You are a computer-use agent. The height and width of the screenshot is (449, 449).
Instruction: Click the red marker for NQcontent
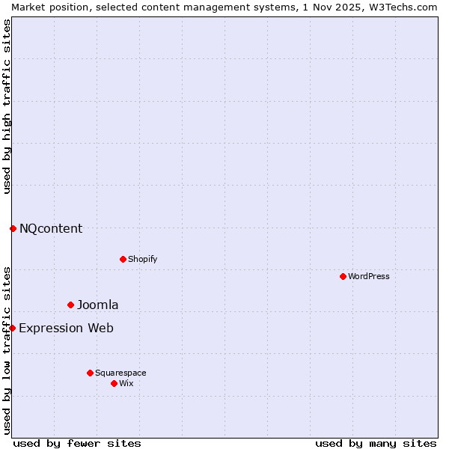click(13, 228)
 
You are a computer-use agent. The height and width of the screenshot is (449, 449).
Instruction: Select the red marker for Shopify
click(123, 259)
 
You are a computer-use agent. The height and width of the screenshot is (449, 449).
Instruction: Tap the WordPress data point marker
click(343, 276)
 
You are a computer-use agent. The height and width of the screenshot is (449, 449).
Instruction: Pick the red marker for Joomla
click(70, 305)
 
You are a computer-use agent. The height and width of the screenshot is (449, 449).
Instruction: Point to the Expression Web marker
click(12, 328)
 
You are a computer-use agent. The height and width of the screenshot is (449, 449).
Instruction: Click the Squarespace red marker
click(90, 373)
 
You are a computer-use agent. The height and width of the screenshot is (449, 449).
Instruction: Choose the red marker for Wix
click(114, 383)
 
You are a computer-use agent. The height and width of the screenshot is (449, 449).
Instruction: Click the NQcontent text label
click(51, 228)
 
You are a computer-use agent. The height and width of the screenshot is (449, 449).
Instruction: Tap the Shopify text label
click(142, 259)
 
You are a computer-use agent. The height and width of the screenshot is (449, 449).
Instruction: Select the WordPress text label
click(369, 276)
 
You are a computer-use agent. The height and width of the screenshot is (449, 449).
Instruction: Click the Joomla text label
click(97, 305)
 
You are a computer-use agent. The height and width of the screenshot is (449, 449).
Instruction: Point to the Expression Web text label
click(66, 328)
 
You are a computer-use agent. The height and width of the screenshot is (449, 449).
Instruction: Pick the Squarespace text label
click(120, 373)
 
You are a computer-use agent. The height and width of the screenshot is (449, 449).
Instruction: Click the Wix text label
click(126, 383)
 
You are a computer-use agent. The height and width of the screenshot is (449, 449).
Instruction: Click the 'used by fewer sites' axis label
click(77, 443)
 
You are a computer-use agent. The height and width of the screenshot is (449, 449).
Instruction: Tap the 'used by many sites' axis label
click(376, 443)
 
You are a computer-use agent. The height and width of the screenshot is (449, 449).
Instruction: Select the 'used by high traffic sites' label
click(7, 106)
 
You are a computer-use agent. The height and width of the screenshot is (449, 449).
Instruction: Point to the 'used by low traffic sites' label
click(7, 350)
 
